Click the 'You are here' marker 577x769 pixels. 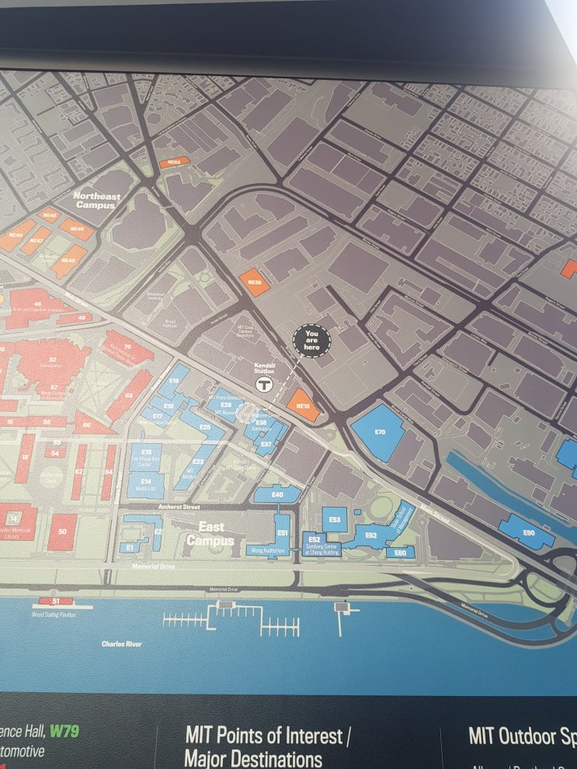(311, 339)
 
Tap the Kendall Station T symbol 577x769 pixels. (265, 384)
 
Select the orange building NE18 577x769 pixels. (303, 405)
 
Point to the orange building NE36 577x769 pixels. (255, 282)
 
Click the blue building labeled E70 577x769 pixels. (379, 431)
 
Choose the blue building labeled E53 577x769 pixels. (335, 519)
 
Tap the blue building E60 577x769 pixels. (401, 553)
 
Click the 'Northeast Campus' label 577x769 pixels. (98, 201)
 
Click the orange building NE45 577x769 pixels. (70, 261)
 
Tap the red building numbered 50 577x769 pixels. (62, 532)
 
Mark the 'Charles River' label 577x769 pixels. (122, 644)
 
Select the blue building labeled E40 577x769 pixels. (276, 494)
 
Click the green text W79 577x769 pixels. (64, 731)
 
